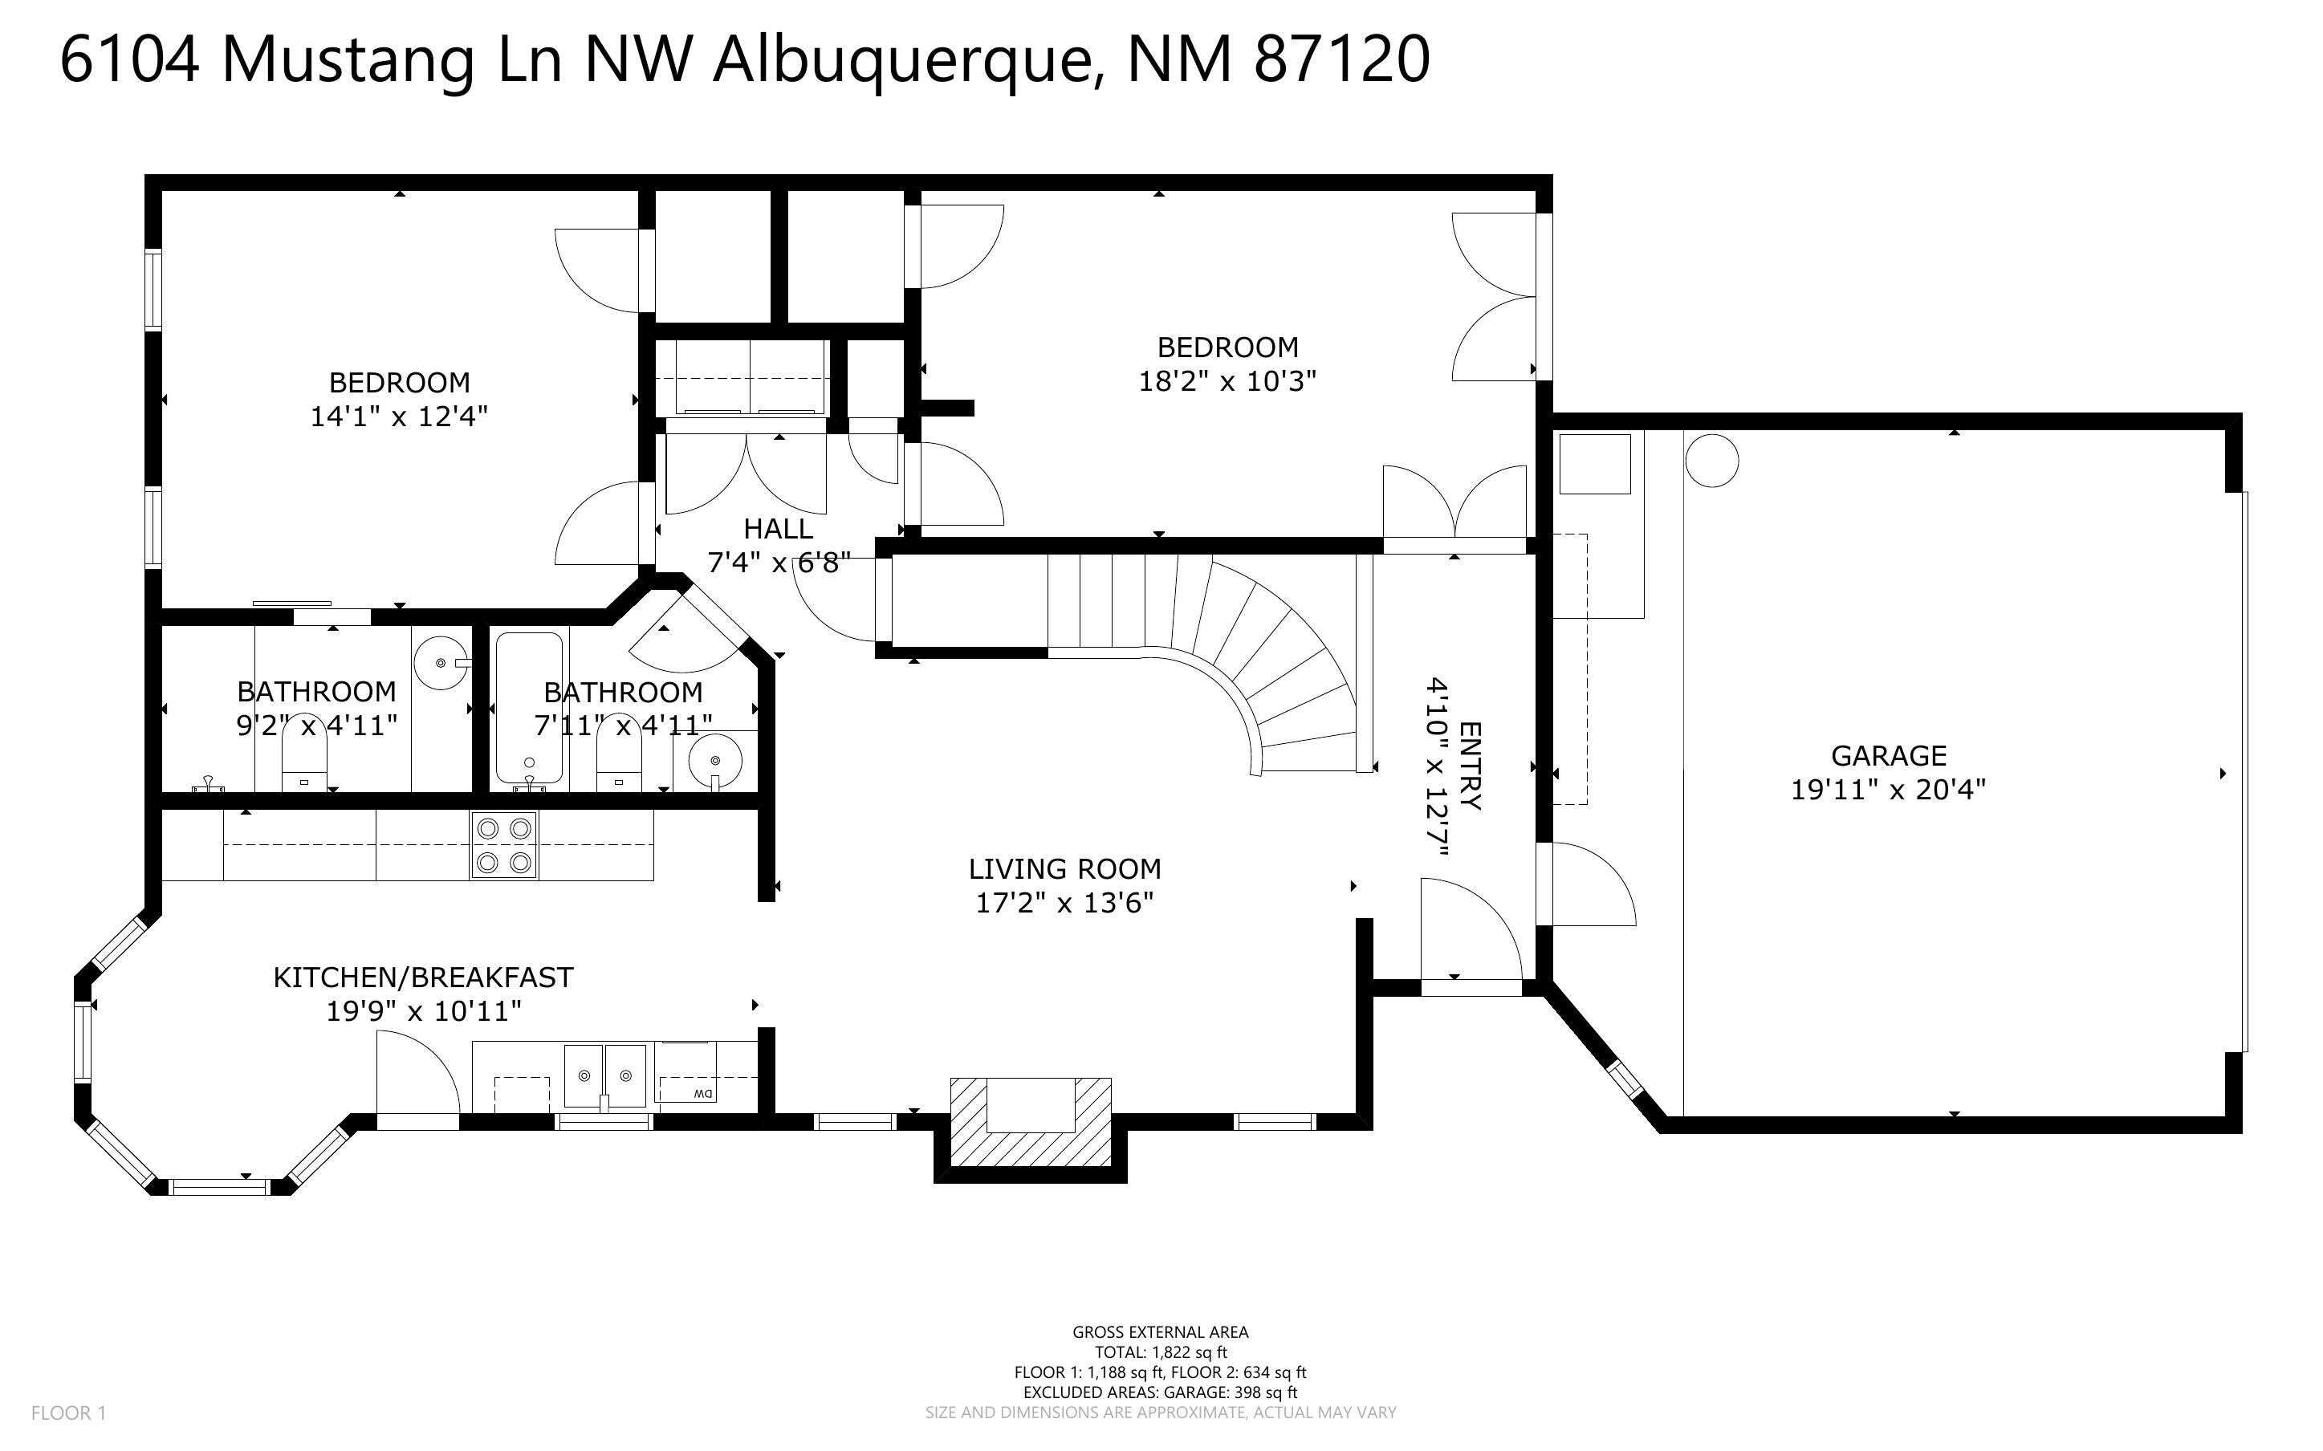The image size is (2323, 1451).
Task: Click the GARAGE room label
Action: tap(1888, 756)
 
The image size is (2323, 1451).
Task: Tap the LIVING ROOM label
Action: tap(1064, 869)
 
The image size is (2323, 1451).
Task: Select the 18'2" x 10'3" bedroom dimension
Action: tap(1227, 382)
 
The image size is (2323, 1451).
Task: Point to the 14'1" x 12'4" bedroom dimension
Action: tap(399, 417)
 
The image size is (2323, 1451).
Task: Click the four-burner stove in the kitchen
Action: tap(505, 845)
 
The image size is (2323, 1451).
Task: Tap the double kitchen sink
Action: tap(604, 1075)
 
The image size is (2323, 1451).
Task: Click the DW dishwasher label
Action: tap(702, 1094)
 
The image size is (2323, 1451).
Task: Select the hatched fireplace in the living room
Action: tap(1031, 1120)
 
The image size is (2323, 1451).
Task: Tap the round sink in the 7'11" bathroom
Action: tap(715, 761)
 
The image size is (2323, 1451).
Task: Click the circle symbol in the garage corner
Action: tap(1711, 460)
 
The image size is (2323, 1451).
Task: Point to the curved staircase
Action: tap(1276, 662)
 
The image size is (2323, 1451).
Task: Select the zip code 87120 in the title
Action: tap(1341, 59)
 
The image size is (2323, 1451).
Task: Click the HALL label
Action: tap(778, 529)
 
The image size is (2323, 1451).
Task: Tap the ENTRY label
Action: tap(1470, 765)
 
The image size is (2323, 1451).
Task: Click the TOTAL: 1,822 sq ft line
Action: tap(1160, 1352)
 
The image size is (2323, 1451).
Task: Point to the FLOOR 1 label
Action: tap(68, 1412)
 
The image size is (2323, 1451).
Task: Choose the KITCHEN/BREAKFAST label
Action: tap(423, 977)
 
